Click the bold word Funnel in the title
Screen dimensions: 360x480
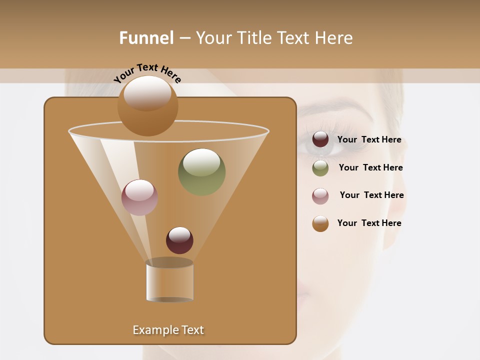(146, 38)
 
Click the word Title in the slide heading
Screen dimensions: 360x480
(254, 38)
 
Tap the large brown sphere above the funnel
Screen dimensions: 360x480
(147, 105)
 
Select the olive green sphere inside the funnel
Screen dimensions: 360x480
(201, 172)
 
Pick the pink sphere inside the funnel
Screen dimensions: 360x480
(139, 197)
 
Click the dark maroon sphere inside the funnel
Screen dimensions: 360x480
(179, 240)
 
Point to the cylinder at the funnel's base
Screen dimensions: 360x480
(169, 281)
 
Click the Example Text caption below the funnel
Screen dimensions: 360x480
(168, 330)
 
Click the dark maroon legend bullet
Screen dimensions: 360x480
(320, 139)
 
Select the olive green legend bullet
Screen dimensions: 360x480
(320, 168)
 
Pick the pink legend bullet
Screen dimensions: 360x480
(320, 196)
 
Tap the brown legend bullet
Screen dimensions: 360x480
(320, 223)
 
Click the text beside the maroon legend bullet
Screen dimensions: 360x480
(369, 140)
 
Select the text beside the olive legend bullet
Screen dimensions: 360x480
(370, 168)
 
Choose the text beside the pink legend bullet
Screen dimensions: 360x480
(371, 195)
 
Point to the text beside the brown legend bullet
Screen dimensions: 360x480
(369, 223)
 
